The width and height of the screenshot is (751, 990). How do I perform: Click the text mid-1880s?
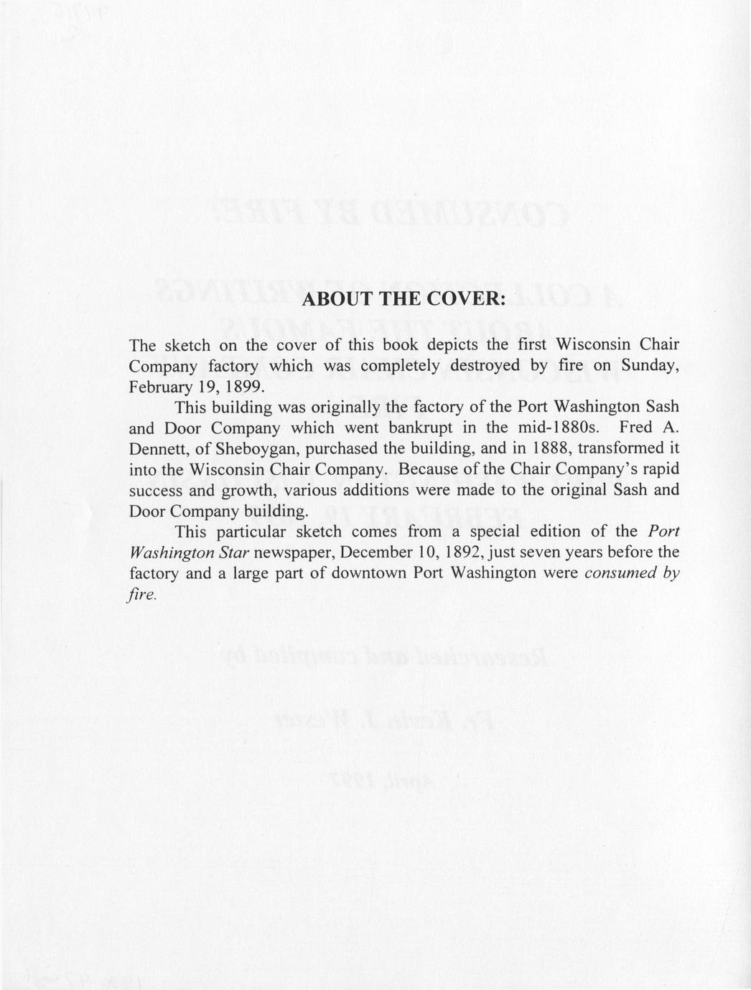coord(561,428)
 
